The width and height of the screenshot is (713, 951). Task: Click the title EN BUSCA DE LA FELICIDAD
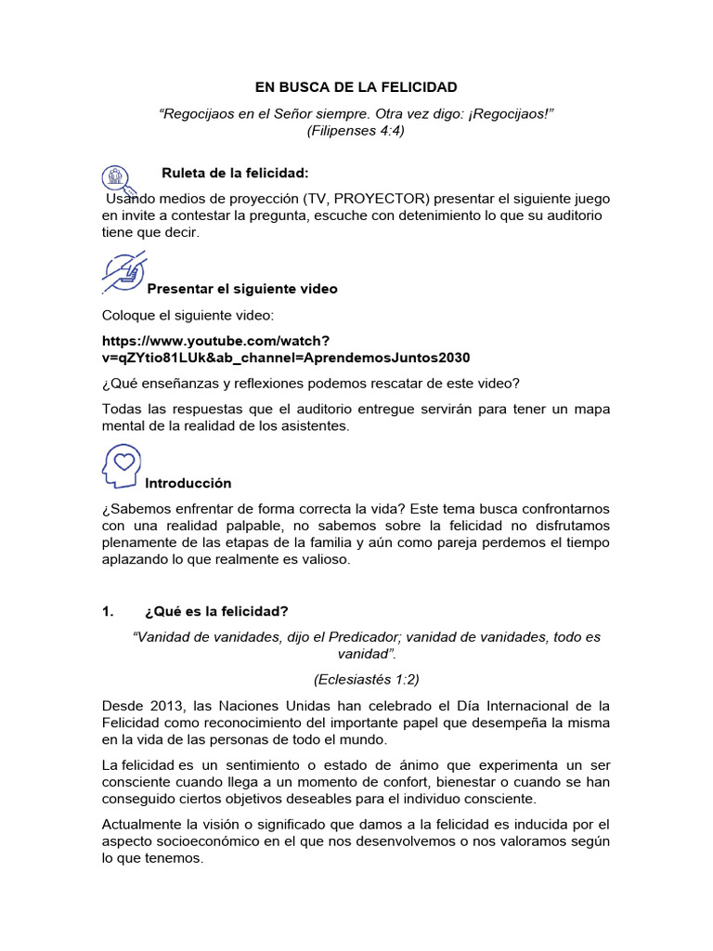(356, 87)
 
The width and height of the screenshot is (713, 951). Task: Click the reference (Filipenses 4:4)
(356, 131)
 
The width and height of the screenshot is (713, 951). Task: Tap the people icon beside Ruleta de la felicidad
(116, 176)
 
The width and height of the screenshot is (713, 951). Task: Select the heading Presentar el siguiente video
(242, 289)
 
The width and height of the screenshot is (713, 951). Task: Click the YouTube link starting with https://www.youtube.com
(215, 341)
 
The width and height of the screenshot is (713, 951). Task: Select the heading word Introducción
(188, 483)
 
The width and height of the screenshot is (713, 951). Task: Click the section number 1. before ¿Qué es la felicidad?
(108, 611)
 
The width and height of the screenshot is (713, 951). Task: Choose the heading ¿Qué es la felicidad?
(216, 611)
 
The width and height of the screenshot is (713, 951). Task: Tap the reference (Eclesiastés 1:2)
(356, 679)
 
